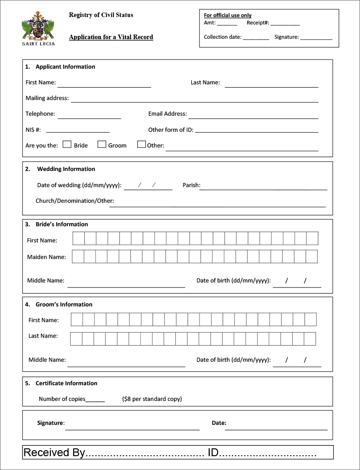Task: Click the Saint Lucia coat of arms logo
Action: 38,29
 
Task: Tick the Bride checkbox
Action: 67,145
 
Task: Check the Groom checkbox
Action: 102,145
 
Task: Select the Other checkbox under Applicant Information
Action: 142,145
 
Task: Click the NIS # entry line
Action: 77,131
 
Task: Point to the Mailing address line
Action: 194,99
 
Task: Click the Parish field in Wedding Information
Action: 263,187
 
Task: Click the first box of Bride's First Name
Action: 79,238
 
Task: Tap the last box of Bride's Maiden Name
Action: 312,257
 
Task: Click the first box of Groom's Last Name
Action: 77,339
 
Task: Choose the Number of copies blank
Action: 95,399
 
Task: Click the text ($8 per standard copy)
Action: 152,399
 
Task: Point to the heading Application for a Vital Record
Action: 111,37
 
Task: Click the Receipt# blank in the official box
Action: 285,23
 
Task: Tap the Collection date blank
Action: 256,38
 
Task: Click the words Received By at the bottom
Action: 54,452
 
